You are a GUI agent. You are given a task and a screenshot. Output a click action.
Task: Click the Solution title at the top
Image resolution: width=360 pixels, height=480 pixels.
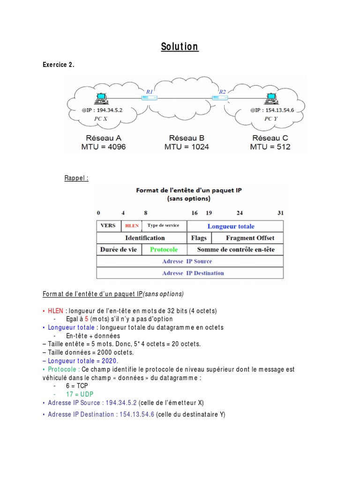tap(180, 47)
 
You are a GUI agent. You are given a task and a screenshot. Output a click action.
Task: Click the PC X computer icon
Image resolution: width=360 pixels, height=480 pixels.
tap(100, 99)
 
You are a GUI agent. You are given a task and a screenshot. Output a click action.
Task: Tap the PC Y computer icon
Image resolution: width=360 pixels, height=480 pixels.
tap(271, 99)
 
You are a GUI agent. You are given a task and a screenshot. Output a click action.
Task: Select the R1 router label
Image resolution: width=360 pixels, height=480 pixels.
tap(150, 91)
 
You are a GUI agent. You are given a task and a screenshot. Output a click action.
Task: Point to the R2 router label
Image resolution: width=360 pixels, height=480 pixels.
tap(222, 91)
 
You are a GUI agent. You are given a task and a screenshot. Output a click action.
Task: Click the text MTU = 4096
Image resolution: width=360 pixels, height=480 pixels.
tap(103, 147)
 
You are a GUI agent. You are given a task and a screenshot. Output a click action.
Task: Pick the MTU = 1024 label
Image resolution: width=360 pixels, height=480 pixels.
tap(187, 147)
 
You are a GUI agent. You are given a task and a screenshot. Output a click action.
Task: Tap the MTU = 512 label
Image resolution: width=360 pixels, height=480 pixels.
tap(270, 147)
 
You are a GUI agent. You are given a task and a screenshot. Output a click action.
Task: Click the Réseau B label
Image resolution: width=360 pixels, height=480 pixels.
tap(187, 138)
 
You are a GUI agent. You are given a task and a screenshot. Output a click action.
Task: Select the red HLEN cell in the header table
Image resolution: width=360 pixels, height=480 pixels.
tap(131, 226)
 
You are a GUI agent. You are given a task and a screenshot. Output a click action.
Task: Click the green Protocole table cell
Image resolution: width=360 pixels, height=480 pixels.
tap(164, 250)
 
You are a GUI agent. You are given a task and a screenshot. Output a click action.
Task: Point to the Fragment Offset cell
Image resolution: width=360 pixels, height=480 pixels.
tap(250, 238)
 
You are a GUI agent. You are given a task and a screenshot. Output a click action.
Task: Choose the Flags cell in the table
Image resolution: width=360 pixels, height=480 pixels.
tap(199, 238)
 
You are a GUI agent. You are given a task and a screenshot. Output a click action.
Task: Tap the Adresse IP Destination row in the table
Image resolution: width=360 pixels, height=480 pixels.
tap(190, 273)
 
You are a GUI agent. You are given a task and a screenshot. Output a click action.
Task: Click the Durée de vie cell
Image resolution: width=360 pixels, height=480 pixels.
tap(119, 250)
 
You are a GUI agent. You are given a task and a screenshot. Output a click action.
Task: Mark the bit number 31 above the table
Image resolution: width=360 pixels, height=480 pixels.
tap(280, 213)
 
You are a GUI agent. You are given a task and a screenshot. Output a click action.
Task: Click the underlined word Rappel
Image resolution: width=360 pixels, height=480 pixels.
tap(76, 178)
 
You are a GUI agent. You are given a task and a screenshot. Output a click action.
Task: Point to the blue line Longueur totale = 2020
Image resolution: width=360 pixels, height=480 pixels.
tap(83, 361)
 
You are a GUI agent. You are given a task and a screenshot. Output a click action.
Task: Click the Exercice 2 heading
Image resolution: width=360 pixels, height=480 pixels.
tap(59, 65)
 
